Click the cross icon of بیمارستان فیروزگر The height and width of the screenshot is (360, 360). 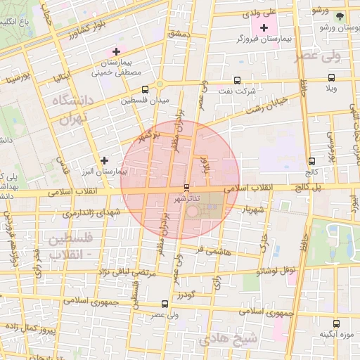pos(264,28)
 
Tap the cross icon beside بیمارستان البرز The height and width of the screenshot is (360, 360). pos(105,160)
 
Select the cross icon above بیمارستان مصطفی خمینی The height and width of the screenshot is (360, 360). pos(116,51)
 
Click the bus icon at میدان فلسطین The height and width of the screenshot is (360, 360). pos(145,89)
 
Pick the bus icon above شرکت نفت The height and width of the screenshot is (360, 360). pos(236,79)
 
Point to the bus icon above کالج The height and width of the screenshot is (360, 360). pos(311,161)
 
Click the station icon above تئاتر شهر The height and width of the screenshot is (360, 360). pos(186,188)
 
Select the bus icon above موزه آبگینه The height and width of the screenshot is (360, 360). pos(335,323)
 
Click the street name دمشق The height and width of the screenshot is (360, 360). pos(179,33)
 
